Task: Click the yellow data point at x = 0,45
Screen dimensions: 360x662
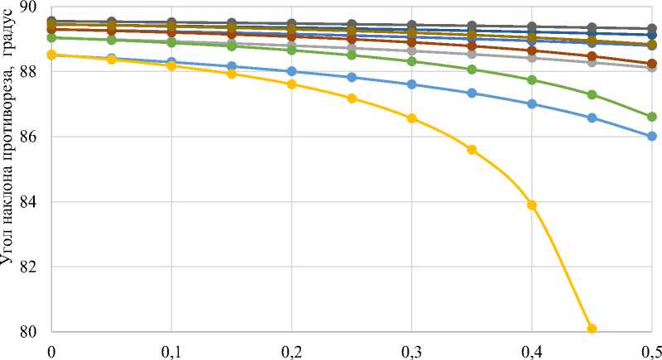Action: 592,329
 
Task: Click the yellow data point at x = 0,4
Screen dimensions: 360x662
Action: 532,205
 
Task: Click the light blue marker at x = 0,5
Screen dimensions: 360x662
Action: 652,136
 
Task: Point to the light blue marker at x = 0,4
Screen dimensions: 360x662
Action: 532,103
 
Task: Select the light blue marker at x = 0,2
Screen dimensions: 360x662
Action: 291,71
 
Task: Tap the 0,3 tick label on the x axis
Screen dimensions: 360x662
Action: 412,349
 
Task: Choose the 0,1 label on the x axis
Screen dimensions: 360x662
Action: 171,349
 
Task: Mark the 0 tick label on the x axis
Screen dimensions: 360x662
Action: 51,349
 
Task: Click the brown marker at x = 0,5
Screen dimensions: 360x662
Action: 652,64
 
